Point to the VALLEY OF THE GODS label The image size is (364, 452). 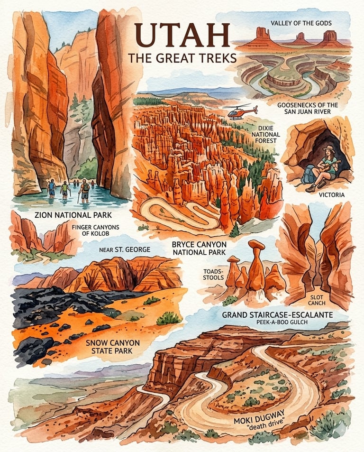click(301, 23)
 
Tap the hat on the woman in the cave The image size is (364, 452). click(328, 149)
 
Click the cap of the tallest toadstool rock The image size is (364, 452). click(256, 244)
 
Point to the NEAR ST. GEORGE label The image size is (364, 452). click(125, 249)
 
